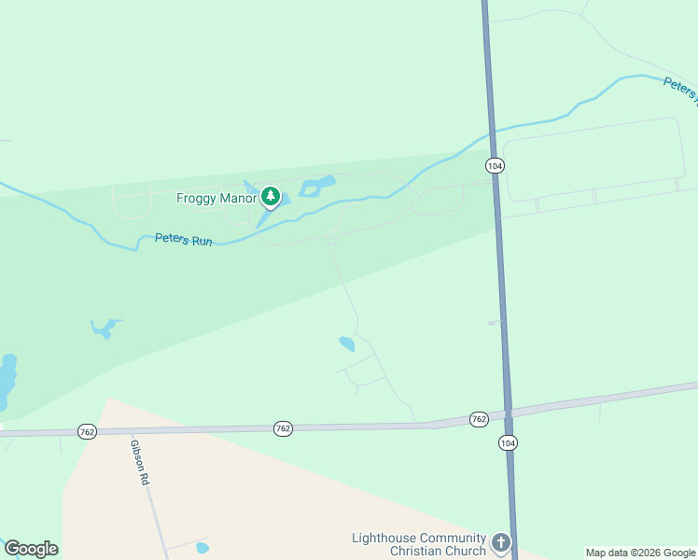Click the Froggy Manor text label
[x=216, y=198]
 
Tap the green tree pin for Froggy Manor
[x=271, y=197]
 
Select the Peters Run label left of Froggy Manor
[x=184, y=241]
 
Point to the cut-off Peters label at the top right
[x=680, y=88]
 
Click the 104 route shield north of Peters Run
[x=495, y=165]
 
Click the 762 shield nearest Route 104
[x=479, y=419]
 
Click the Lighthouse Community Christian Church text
[x=419, y=544]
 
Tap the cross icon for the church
[x=501, y=542]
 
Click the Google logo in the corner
[x=31, y=549]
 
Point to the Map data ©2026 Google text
[x=640, y=553]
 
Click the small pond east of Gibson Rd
[x=202, y=548]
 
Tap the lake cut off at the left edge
[x=7, y=381]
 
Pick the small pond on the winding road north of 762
[x=347, y=343]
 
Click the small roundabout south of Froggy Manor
[x=331, y=241]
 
